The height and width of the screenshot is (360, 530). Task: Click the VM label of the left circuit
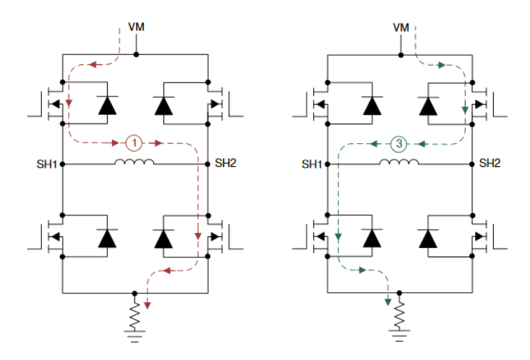tap(136, 27)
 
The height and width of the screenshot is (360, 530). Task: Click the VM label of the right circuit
tap(401, 27)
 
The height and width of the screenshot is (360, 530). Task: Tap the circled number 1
tap(134, 142)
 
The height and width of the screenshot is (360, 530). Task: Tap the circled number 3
tap(399, 142)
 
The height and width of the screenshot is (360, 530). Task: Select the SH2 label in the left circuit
tap(226, 163)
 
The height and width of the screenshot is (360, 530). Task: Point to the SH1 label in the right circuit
tap(312, 164)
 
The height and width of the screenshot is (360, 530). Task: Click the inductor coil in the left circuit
tap(135, 162)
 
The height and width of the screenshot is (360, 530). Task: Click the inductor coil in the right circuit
tap(399, 162)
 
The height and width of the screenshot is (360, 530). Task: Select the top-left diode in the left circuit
tap(107, 106)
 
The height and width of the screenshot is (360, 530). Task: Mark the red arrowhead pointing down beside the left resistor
tap(148, 304)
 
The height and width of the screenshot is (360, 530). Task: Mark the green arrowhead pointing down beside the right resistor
tap(388, 299)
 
